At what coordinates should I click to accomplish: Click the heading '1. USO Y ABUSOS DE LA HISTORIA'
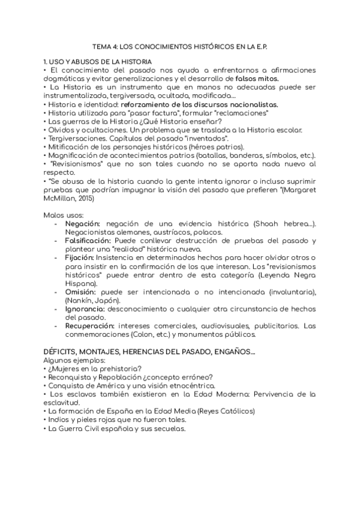tap(98, 62)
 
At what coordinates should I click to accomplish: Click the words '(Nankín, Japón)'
tap(90, 300)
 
